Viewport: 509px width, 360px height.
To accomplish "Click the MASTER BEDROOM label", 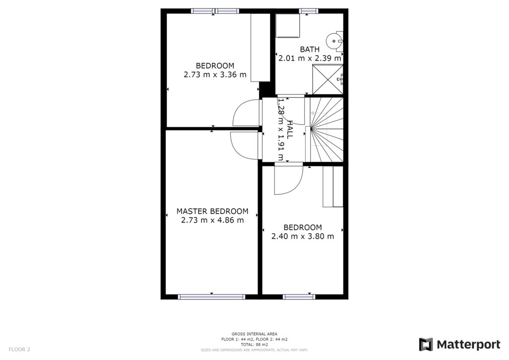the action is [212, 211].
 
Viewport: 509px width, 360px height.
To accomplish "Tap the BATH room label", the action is [310, 49].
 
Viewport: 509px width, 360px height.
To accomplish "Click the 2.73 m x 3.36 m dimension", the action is [215, 75].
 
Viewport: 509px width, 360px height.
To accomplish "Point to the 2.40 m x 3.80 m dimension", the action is [303, 236].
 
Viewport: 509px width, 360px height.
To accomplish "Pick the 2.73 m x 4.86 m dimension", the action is [212, 220].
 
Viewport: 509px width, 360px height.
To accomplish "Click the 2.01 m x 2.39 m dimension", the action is [310, 59].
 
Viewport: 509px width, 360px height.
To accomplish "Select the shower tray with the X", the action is [327, 80].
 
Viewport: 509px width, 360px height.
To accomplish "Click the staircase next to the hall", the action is [327, 129].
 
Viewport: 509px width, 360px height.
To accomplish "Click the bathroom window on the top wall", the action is [308, 11].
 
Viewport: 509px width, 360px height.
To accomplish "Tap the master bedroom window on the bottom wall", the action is [212, 297].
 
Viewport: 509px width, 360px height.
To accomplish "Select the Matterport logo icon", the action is [425, 345].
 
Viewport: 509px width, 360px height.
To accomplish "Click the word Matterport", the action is [468, 345].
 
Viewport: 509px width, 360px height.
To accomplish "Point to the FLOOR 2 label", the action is [19, 350].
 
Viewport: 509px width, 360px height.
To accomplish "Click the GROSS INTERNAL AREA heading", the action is [254, 334].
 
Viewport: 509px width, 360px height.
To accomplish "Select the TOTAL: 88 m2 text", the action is [254, 345].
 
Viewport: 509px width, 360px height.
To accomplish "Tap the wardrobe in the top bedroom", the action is [260, 48].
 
